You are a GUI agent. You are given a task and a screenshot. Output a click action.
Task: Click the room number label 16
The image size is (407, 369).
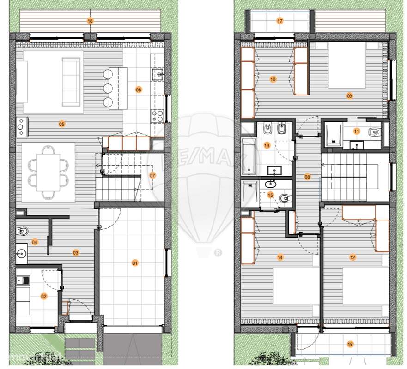click(90, 21)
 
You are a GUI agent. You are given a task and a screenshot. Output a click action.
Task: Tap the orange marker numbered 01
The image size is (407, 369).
click(135, 263)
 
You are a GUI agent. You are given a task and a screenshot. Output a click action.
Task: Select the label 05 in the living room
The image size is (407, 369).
click(61, 124)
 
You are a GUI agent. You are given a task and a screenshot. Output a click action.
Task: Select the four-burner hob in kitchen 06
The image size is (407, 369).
click(158, 115)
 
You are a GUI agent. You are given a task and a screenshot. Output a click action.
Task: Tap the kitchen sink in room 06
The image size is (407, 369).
click(158, 74)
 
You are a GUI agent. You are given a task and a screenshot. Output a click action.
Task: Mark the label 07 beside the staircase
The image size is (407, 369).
click(152, 175)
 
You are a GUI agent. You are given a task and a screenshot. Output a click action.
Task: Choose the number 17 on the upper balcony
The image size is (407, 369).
click(280, 21)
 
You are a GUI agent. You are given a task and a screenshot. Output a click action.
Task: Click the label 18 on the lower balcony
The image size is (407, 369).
click(350, 344)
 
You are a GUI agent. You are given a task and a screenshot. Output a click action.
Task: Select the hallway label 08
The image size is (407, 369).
click(307, 177)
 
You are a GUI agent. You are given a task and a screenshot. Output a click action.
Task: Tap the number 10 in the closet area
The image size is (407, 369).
click(273, 79)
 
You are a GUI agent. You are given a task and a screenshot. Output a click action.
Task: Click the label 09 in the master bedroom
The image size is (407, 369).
click(349, 96)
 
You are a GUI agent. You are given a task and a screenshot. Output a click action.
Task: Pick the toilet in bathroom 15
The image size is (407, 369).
click(285, 198)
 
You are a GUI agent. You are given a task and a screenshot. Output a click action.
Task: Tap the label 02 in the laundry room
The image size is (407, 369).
click(44, 296)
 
